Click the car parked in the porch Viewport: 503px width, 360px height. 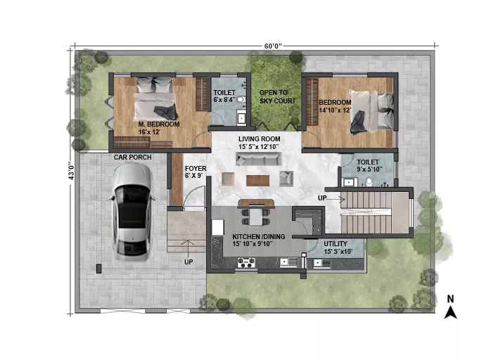tap(132, 212)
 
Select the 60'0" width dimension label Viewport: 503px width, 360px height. tap(273, 46)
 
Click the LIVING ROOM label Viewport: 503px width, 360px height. tap(259, 139)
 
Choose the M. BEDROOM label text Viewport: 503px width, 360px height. tap(159, 124)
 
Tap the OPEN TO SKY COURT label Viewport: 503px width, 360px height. tap(277, 96)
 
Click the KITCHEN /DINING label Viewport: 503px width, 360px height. tap(259, 236)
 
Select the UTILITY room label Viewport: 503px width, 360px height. tap(336, 244)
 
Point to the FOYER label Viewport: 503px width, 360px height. tap(196, 168)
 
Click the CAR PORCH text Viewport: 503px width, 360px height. tap(132, 157)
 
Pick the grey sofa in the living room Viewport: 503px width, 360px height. tap(258, 159)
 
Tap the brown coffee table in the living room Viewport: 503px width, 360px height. tap(257, 181)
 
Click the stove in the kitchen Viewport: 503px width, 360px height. tap(246, 263)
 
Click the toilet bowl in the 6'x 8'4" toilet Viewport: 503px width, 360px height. tap(241, 100)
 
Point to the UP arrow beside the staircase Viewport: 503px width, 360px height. tap(336, 199)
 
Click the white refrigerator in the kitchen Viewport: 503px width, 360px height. tap(217, 227)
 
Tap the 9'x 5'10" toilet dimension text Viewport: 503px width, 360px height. tap(369, 169)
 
